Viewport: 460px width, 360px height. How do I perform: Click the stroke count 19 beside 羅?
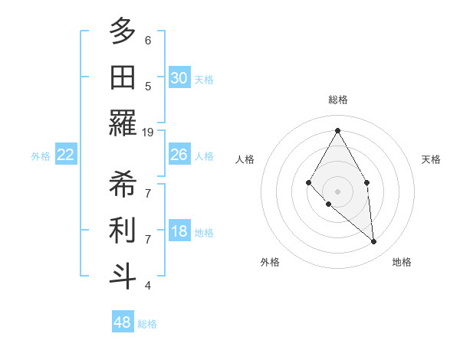click(148, 132)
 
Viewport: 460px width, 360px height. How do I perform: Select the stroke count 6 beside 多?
click(148, 40)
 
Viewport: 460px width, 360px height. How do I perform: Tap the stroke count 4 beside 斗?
click(148, 285)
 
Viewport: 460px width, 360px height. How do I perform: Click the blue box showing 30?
click(179, 77)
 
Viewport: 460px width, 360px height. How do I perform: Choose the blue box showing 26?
click(179, 155)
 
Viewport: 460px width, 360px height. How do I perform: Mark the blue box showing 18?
click(179, 232)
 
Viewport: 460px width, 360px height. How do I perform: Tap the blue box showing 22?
click(66, 155)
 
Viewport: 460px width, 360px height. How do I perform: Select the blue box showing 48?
click(122, 322)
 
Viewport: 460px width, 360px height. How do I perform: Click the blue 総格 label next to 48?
click(147, 324)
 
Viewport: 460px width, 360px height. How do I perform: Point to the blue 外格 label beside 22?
click(41, 156)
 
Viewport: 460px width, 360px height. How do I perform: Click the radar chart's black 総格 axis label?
click(337, 100)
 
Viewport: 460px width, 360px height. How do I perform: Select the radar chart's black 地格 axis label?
click(402, 262)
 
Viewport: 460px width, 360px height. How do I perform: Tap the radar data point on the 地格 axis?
click(373, 241)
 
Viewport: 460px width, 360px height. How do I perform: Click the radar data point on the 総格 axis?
click(337, 130)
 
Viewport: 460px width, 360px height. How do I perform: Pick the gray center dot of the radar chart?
click(337, 191)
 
